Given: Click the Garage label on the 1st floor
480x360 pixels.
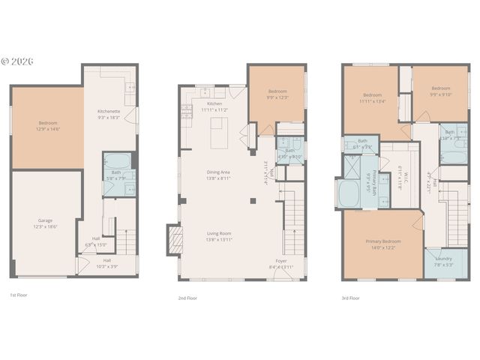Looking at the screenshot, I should click(x=46, y=223).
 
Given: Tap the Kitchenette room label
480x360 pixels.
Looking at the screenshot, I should click(x=109, y=115).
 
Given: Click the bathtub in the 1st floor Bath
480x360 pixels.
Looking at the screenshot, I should click(x=116, y=160).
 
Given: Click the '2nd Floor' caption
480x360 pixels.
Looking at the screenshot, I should click(x=187, y=297).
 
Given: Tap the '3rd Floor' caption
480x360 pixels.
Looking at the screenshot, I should click(x=351, y=297).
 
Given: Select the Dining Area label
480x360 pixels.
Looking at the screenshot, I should click(x=218, y=175).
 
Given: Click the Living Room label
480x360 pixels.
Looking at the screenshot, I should click(x=218, y=235).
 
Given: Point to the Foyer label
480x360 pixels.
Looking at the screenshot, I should click(x=281, y=263).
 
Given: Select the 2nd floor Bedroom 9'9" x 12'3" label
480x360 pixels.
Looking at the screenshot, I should click(x=277, y=95).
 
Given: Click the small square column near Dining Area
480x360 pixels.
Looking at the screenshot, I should click(x=253, y=200).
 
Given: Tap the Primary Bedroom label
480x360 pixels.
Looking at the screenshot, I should click(x=383, y=244).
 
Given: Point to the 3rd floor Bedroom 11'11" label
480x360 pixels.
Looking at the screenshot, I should click(x=373, y=98).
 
